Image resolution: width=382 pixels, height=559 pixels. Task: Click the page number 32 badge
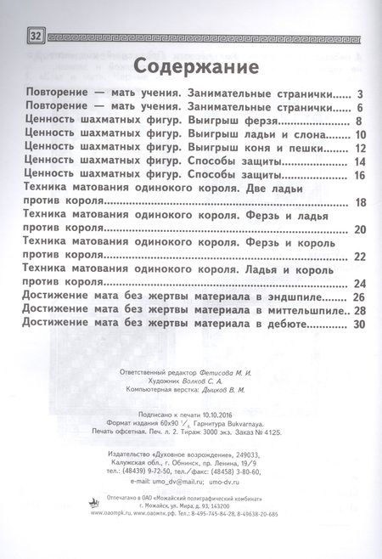click(36, 36)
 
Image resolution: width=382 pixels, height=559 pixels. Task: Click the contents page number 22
click(360, 257)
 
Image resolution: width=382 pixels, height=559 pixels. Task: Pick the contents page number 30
click(359, 325)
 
